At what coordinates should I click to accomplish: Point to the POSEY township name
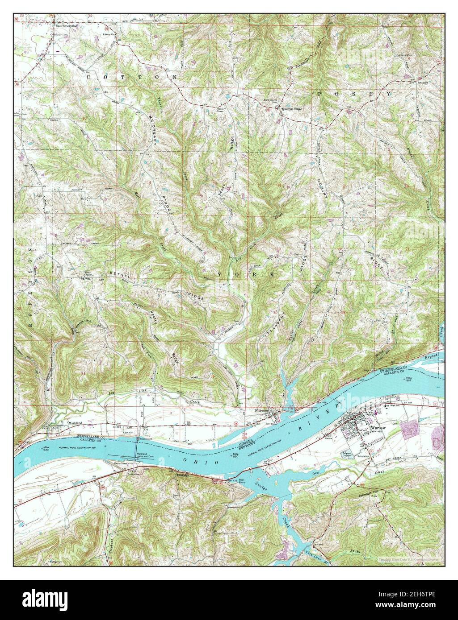[354, 94]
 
